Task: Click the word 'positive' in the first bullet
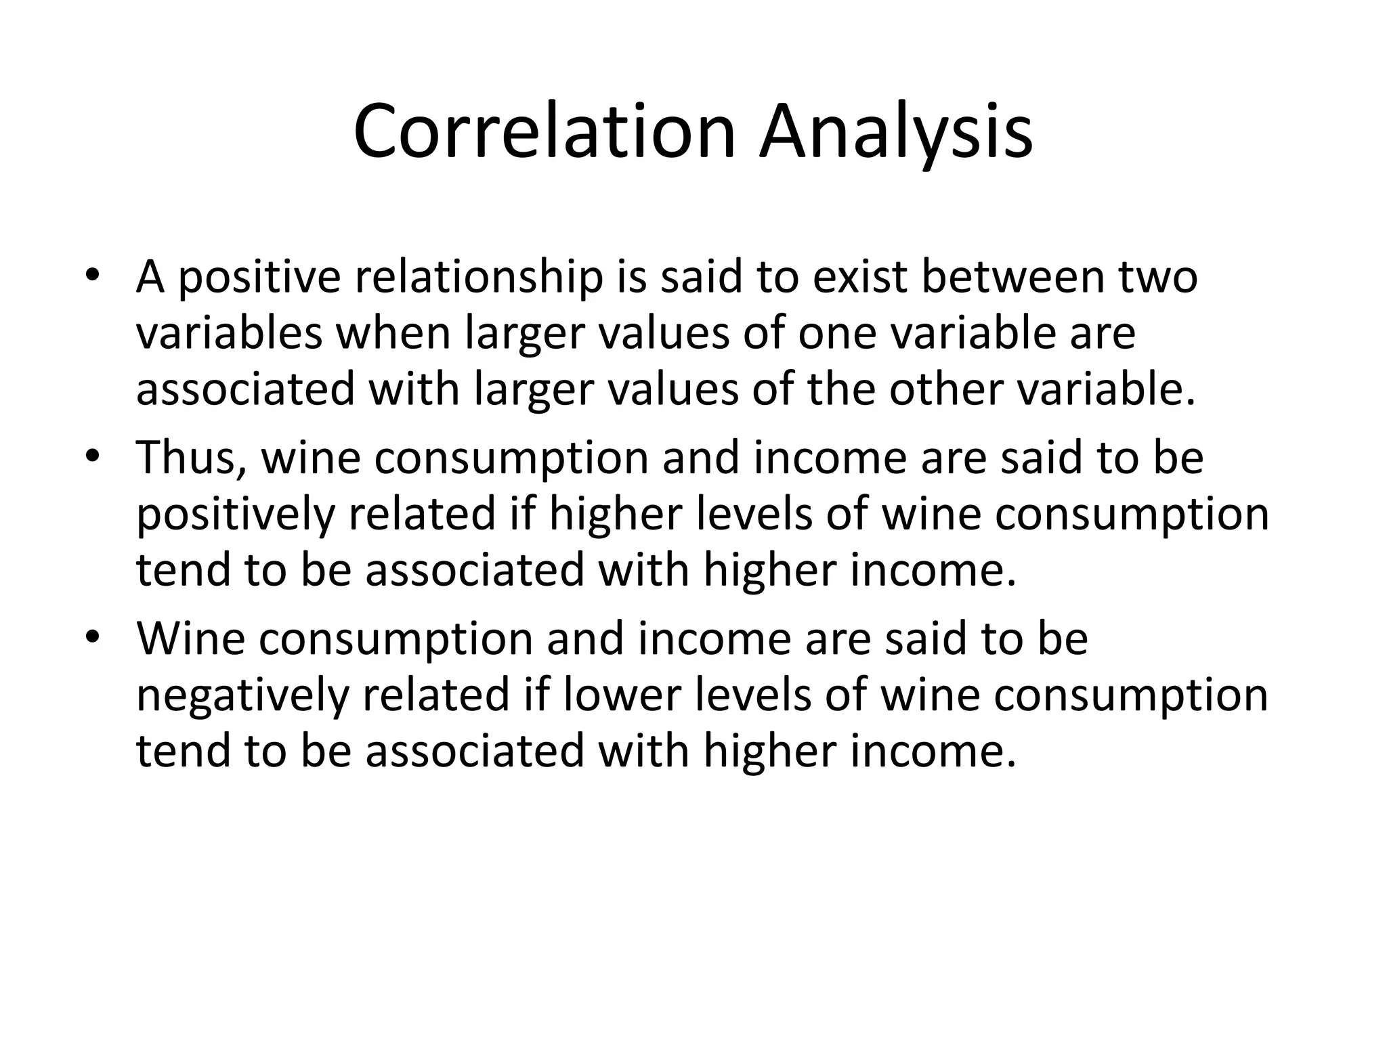[259, 278]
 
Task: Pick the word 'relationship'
[475, 278]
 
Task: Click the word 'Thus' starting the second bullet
[191, 458]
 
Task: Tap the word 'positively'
[235, 515]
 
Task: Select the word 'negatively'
[242, 695]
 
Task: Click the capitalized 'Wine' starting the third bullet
[190, 638]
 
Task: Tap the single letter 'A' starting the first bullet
[150, 278]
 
